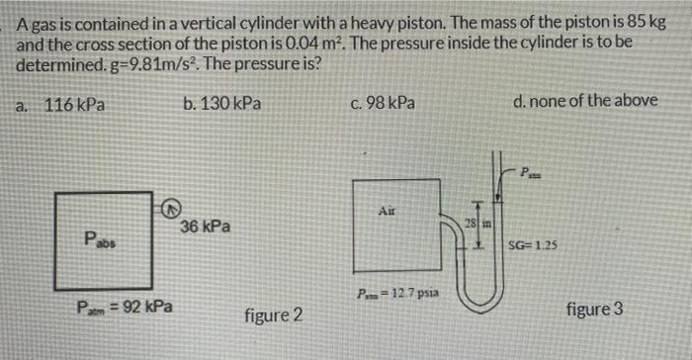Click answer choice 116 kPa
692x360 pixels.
pyautogui.click(x=75, y=103)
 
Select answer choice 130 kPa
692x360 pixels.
pyautogui.click(x=222, y=103)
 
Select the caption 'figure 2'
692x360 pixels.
pyautogui.click(x=273, y=316)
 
